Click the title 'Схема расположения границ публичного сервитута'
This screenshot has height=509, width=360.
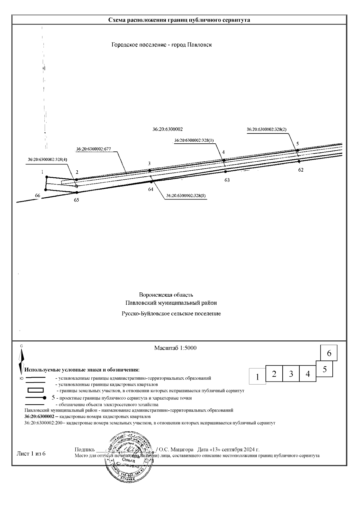[179, 20]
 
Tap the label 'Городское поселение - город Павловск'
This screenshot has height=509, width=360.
[162, 45]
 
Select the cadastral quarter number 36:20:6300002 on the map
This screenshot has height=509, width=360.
[168, 129]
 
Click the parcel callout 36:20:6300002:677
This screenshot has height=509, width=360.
[94, 148]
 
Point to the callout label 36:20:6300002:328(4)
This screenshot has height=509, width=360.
[47, 160]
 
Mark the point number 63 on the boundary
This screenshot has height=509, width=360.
[227, 180]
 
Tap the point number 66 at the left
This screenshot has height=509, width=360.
[37, 196]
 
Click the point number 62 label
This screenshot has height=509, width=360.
[301, 170]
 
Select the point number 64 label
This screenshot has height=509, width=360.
[151, 189]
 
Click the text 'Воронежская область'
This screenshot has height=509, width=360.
[166, 295]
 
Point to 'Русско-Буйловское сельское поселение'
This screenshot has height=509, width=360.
[171, 314]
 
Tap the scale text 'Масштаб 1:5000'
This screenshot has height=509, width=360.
[175, 348]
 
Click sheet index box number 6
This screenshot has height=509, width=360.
[329, 353]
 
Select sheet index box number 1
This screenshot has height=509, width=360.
[257, 376]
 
